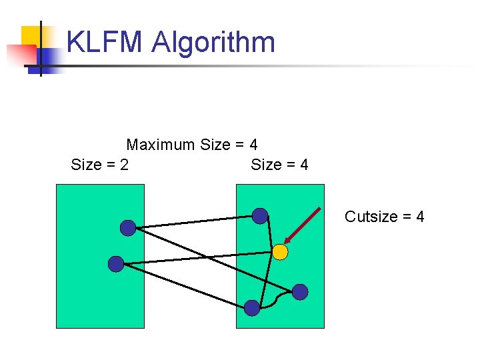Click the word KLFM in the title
point(105,43)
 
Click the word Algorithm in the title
point(213,43)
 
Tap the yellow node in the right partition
point(280,252)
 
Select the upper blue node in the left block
point(128,228)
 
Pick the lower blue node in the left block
point(116,264)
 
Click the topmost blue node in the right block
point(260,216)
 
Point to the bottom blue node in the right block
point(252,307)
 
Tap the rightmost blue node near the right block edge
point(301,291)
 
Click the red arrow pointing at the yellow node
point(303,225)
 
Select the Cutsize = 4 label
point(384,217)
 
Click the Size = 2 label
point(100,165)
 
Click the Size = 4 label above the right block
point(279,165)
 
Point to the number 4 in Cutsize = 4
point(420,217)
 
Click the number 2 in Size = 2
point(125,165)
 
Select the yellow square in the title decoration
point(31,36)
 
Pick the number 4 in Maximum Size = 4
point(253,145)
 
